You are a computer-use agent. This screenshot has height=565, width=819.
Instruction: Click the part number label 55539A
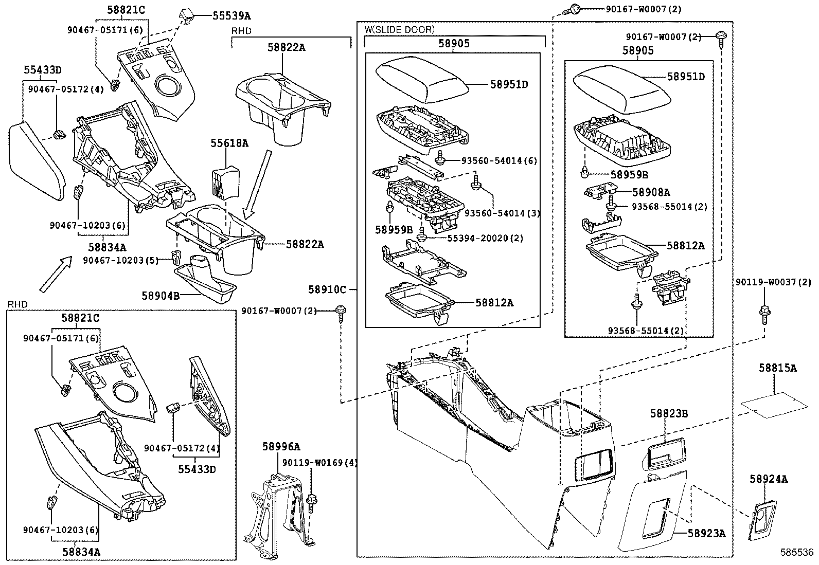point(232,16)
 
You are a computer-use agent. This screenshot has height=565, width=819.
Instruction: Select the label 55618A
point(229,143)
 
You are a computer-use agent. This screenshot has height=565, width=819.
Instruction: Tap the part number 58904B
point(161,296)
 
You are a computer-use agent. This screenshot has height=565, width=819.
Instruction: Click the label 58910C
point(327,290)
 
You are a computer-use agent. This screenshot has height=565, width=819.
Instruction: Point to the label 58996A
point(281,447)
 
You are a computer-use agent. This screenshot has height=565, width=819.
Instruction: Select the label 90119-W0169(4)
point(319,463)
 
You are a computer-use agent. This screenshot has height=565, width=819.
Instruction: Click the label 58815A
point(777,368)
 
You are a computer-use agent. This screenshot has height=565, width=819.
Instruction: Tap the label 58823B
point(669,413)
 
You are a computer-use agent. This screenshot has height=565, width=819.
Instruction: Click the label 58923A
point(706,534)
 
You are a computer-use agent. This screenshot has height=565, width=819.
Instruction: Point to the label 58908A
point(651,192)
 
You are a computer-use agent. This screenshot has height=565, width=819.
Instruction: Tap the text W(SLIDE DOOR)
point(400,30)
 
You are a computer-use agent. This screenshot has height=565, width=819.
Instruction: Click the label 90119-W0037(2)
point(773,282)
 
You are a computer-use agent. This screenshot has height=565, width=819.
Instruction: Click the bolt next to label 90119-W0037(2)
point(764,314)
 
